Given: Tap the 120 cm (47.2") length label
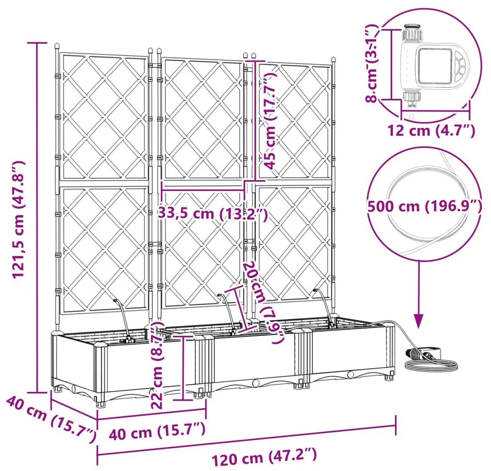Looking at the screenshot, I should coord(264,456).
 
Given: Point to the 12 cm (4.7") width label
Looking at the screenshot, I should coord(430,130).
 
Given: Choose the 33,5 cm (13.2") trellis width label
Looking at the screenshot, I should coord(213,213).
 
